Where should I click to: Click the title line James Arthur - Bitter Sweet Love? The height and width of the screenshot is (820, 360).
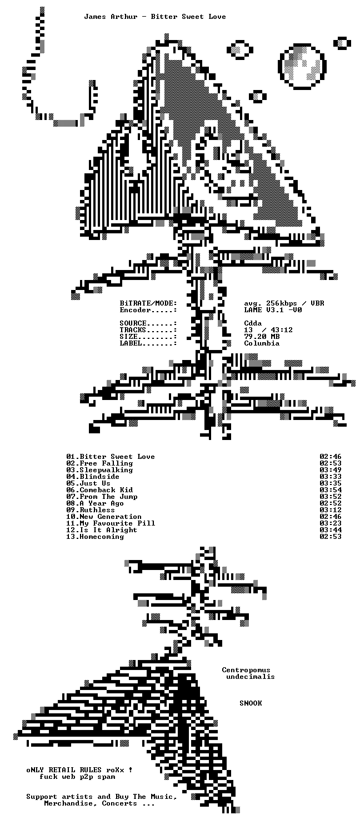[155, 17]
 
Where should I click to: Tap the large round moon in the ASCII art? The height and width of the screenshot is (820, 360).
[302, 66]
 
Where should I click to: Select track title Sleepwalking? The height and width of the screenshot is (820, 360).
[106, 470]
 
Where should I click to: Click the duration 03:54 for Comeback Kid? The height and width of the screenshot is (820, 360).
[331, 490]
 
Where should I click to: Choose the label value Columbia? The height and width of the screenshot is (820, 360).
[262, 343]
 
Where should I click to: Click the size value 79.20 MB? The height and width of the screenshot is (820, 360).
[262, 337]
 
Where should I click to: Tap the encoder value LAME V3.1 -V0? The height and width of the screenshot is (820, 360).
[273, 309]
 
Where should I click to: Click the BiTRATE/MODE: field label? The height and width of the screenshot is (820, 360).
[148, 303]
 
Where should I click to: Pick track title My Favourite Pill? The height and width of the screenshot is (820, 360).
[117, 523]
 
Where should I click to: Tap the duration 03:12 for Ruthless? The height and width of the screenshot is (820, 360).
[331, 510]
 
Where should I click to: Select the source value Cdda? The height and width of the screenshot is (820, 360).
[253, 323]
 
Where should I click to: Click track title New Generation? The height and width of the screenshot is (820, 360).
[111, 517]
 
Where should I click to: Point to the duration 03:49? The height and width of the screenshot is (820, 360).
[331, 469]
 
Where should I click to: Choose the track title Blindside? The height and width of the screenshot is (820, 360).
[99, 477]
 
